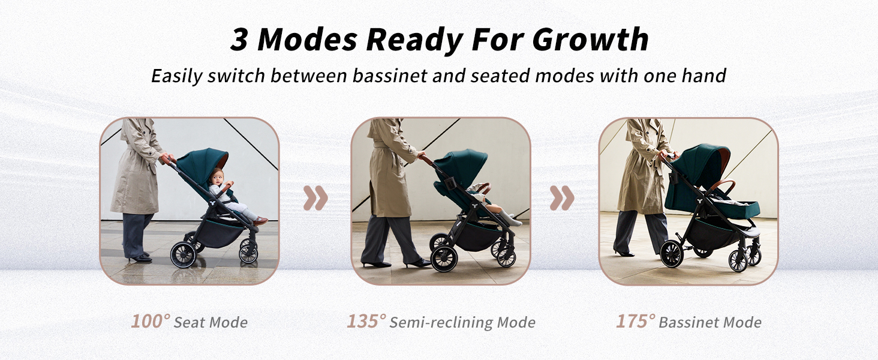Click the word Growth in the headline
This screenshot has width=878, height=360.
click(590, 40)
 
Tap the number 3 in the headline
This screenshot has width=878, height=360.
click(239, 40)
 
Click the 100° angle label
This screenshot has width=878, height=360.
click(151, 321)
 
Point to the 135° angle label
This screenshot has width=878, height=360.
click(366, 321)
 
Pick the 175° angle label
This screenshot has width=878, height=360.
click(636, 321)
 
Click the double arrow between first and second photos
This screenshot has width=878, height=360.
click(315, 198)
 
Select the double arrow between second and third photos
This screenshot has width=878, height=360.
click(562, 198)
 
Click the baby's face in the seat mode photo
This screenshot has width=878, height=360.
click(217, 178)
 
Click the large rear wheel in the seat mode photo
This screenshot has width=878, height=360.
click(183, 254)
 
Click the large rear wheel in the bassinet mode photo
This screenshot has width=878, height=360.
click(672, 254)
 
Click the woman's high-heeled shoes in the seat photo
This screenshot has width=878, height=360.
click(140, 257)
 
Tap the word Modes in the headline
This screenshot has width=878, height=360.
click(307, 40)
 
